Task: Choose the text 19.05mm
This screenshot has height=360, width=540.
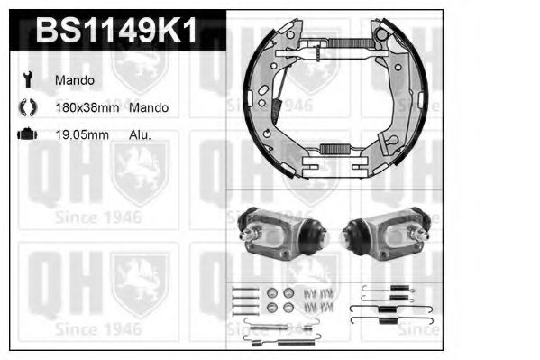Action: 81,134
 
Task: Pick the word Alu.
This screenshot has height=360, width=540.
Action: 140,134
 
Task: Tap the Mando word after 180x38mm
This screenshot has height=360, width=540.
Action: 148,107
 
